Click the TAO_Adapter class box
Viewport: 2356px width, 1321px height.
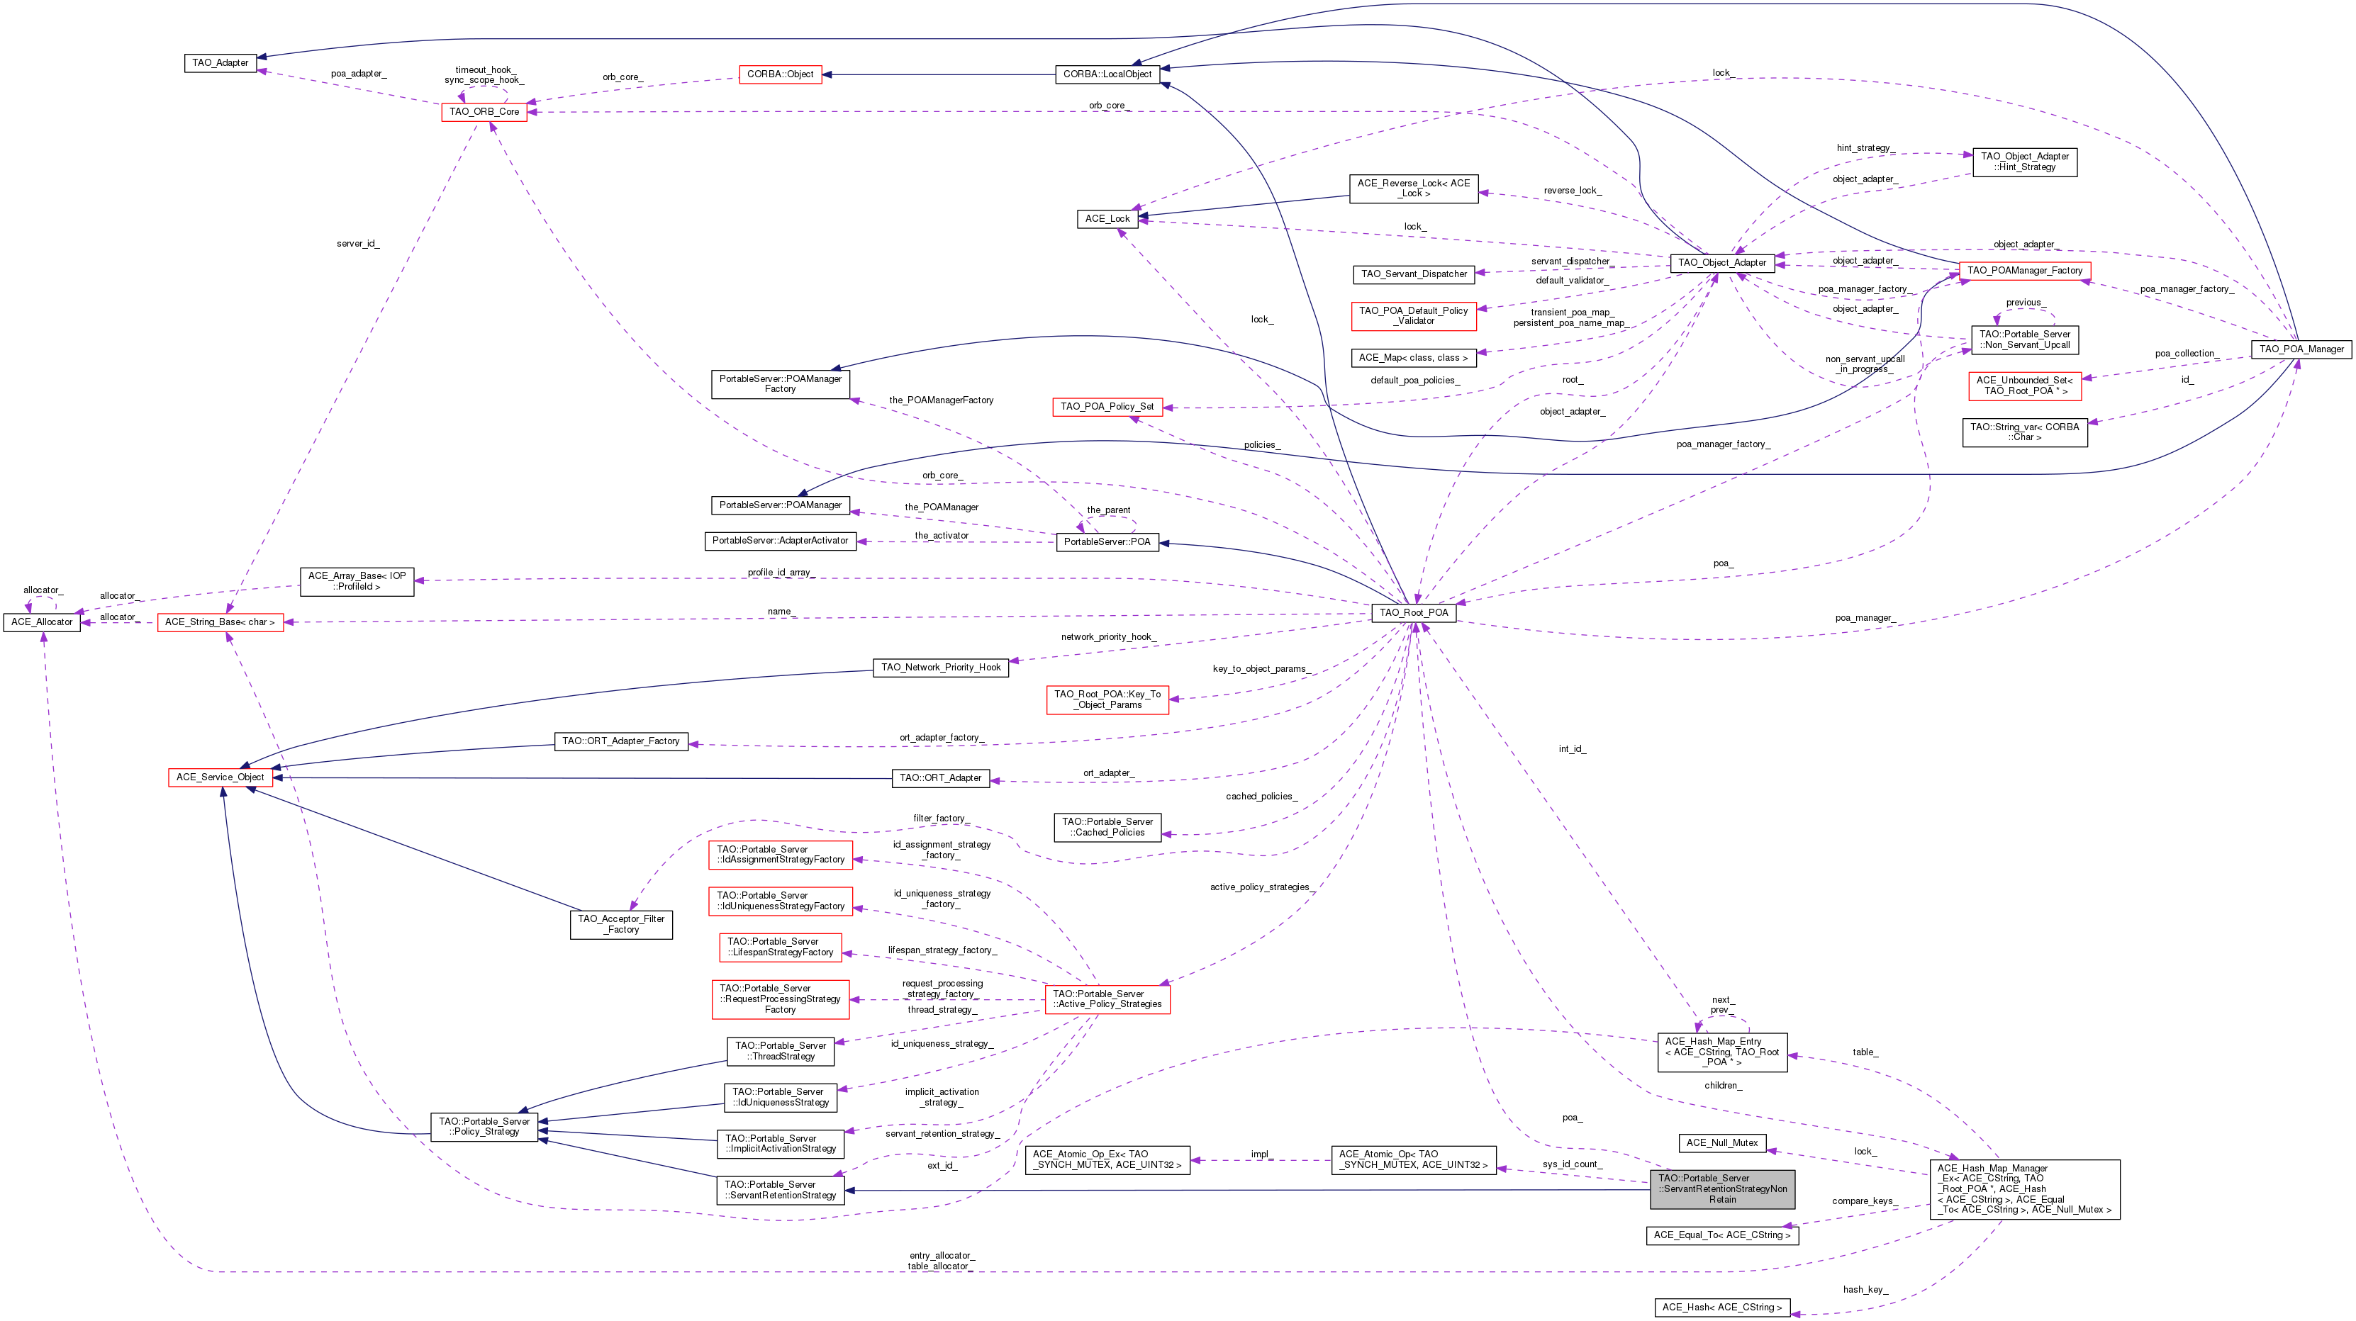[220, 63]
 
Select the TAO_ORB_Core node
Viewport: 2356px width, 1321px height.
[484, 111]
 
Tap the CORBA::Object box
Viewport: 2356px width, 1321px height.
[780, 74]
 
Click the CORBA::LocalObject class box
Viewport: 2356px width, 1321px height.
[1107, 74]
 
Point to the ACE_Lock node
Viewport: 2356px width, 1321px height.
[1107, 218]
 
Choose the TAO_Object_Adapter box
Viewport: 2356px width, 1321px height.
[1722, 262]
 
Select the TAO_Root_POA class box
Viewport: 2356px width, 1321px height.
[1414, 612]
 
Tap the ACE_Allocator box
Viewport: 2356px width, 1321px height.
[41, 622]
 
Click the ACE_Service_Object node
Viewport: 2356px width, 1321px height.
[220, 777]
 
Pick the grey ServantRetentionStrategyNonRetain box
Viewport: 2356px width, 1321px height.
[1722, 1188]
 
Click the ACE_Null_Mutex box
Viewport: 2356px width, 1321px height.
[1722, 1142]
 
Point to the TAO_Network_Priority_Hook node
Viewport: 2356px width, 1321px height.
[941, 668]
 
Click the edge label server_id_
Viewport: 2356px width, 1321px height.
[357, 244]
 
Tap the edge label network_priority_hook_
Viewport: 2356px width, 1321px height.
[1108, 637]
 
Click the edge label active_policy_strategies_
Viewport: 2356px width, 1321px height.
[1263, 887]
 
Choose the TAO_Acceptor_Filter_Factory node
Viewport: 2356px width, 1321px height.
[622, 924]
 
